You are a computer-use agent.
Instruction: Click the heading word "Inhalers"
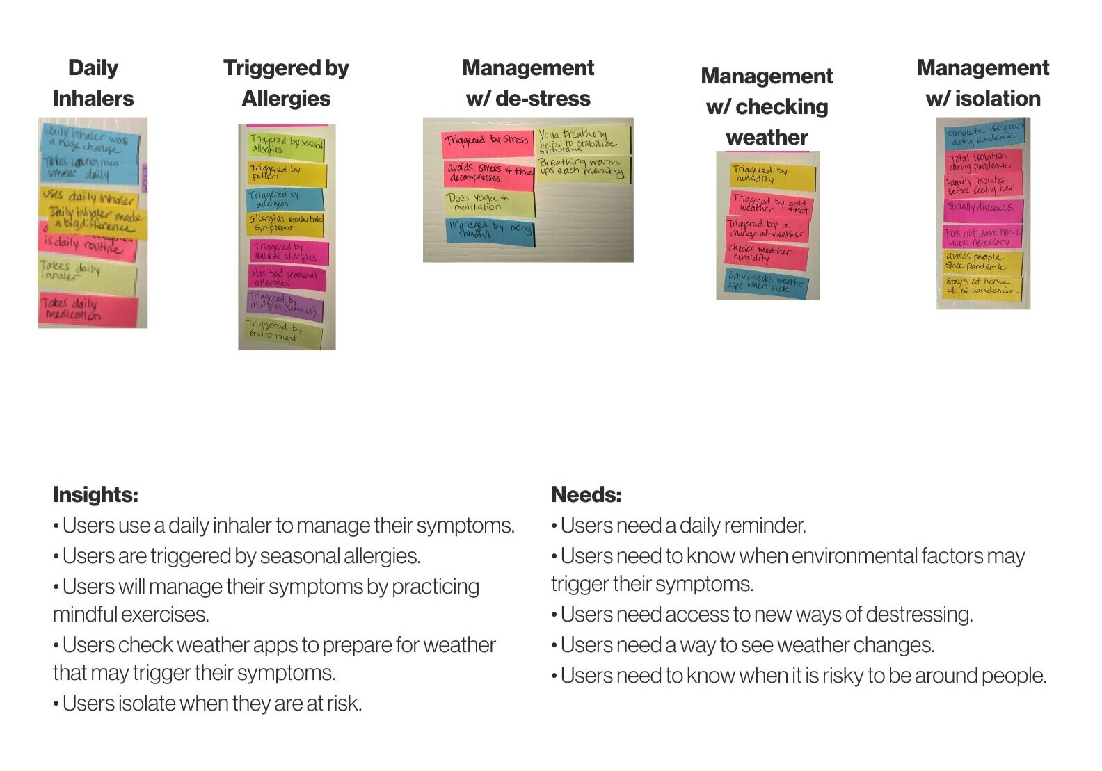(93, 99)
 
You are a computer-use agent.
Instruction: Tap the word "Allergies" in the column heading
(286, 99)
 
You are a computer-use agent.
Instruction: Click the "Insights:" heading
(95, 495)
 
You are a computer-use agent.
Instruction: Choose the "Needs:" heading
(586, 495)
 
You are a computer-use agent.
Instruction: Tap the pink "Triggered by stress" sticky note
(486, 141)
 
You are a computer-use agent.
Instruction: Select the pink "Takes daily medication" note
(87, 310)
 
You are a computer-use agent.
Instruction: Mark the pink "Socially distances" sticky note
(982, 207)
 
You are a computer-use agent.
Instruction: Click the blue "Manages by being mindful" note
(489, 230)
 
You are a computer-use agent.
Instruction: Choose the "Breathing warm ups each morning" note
(583, 168)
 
